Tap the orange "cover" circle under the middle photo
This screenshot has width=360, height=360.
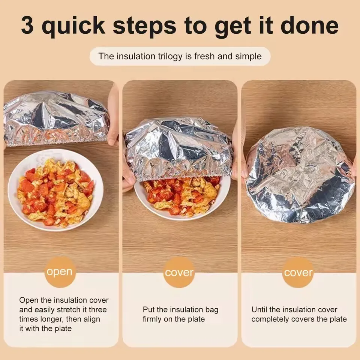pyautogui.click(x=179, y=273)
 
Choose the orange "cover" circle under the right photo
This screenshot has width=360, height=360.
pyautogui.click(x=298, y=273)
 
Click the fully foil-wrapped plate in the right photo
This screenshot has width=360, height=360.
pyautogui.click(x=300, y=174)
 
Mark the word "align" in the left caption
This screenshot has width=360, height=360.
pyautogui.click(x=91, y=319)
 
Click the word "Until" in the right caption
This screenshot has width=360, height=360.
pyautogui.click(x=259, y=310)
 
